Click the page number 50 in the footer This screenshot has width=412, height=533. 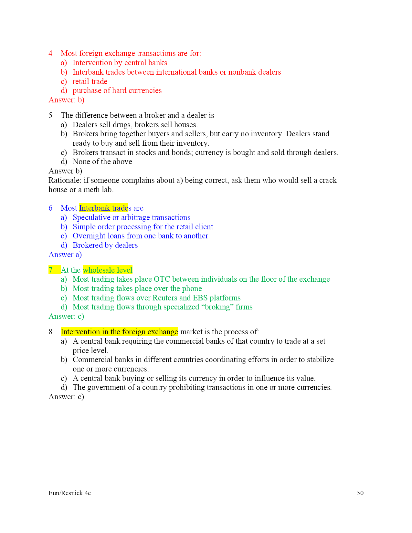pyautogui.click(x=360, y=493)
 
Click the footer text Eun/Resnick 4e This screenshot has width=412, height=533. pyautogui.click(x=69, y=493)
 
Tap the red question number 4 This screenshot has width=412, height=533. pyautogui.click(x=51, y=53)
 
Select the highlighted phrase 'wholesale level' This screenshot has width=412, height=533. pyautogui.click(x=107, y=270)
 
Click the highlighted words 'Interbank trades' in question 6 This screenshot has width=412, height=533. pyautogui.click(x=103, y=208)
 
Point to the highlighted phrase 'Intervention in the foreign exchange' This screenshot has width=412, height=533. pyautogui.click(x=119, y=332)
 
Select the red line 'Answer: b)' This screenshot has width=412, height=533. pyautogui.click(x=66, y=100)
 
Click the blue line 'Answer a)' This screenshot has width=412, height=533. pyautogui.click(x=65, y=255)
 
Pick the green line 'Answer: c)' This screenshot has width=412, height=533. pyautogui.click(x=66, y=316)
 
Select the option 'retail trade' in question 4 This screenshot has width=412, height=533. pyautogui.click(x=90, y=81)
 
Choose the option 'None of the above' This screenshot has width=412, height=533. pyautogui.click(x=102, y=162)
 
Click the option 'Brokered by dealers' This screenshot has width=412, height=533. pyautogui.click(x=105, y=245)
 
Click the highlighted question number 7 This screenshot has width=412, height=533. pyautogui.click(x=51, y=270)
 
